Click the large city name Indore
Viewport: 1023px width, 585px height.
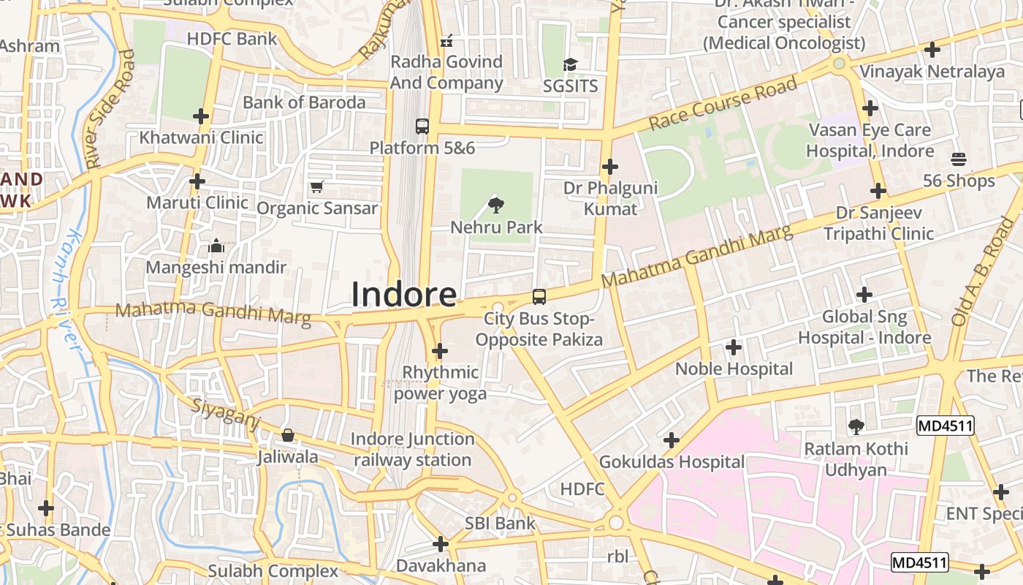[x=404, y=294]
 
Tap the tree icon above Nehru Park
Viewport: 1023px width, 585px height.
[x=496, y=204]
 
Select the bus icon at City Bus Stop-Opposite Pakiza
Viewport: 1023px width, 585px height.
[x=539, y=296]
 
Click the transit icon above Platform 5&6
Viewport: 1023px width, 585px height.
[x=422, y=126]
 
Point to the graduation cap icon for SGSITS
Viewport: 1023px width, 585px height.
[x=570, y=64]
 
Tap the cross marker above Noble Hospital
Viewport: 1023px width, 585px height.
[x=734, y=347]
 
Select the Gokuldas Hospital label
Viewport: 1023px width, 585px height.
[x=672, y=462]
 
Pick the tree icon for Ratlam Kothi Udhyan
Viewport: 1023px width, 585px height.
[x=856, y=426]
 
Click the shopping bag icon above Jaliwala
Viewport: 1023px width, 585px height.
[x=288, y=435]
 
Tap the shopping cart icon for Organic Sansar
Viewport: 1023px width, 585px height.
[x=316, y=187]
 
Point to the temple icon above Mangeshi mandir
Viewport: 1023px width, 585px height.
[x=216, y=246]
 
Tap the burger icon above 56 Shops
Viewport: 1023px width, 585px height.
[x=959, y=159]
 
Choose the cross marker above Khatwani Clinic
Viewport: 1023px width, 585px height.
[x=201, y=116]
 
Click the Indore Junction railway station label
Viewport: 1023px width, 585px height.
[x=412, y=450]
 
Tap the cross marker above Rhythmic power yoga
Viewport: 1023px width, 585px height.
[x=439, y=351]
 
